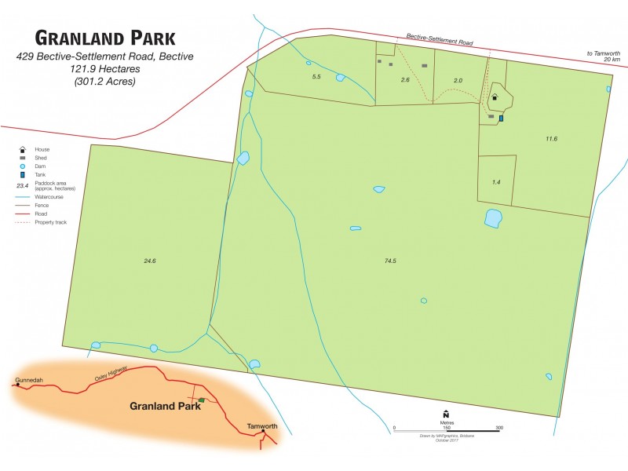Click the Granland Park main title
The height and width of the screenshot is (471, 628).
[105, 38]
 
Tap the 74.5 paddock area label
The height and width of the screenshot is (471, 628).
[390, 260]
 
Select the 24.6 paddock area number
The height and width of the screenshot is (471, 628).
[151, 260]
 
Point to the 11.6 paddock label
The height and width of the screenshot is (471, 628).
[551, 139]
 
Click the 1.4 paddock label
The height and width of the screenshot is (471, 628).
[496, 182]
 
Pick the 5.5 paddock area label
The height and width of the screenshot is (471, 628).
[317, 77]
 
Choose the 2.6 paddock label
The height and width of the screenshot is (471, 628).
[405, 80]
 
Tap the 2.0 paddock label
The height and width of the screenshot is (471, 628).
[458, 81]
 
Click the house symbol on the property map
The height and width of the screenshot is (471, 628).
[495, 98]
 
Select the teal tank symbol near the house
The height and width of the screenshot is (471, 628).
[501, 119]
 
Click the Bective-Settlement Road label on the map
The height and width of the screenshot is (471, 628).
[440, 38]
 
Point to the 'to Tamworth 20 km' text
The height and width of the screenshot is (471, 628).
[604, 57]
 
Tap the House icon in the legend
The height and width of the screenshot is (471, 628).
[23, 149]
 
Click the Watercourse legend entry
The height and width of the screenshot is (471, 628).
[49, 197]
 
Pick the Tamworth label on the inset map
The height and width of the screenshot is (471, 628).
[262, 426]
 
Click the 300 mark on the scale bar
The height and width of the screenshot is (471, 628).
[498, 428]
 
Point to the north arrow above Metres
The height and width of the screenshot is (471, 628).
[446, 414]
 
